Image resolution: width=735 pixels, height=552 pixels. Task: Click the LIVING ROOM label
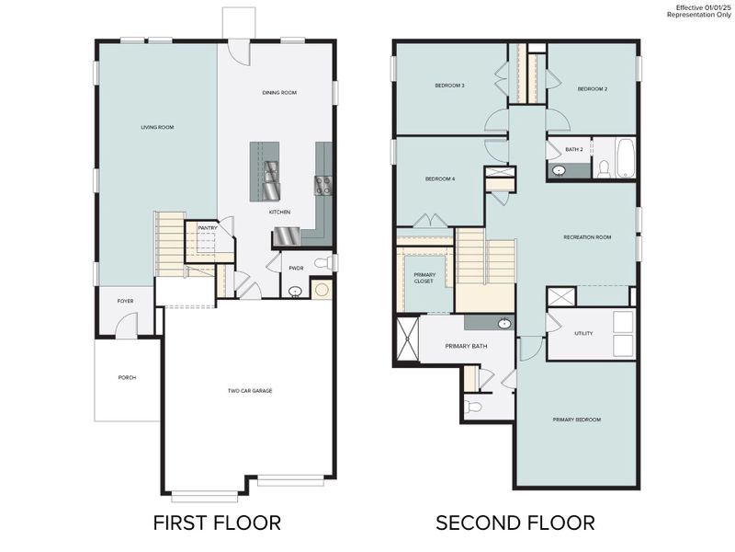pos(157,127)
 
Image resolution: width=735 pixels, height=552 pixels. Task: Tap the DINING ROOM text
pos(279,92)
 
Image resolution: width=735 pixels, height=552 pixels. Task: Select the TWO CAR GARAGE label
pos(250,390)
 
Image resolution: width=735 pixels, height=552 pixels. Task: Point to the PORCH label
pos(127,377)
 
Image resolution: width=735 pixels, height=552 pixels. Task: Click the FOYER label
pos(125,301)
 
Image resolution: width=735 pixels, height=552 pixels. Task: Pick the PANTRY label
pos(208,227)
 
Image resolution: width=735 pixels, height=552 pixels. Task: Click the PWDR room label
pos(296,268)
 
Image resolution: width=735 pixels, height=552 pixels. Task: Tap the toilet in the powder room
pos(322,263)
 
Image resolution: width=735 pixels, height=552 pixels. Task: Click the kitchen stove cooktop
pos(323,185)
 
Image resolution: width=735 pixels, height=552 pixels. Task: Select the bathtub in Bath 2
pos(625,158)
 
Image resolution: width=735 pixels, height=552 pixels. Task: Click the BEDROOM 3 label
pos(449,86)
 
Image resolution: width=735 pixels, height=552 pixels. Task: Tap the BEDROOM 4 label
pos(440,178)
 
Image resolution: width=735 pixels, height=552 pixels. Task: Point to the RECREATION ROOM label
pos(587,237)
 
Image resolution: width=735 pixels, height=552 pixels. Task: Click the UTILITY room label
pos(583,333)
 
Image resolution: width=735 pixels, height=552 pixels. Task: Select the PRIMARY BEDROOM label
pos(576,420)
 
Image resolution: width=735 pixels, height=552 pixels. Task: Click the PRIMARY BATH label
pos(466,346)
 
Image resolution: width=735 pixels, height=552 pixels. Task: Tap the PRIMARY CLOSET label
pos(424,277)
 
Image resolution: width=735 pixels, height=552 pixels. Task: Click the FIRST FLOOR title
pos(217,523)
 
